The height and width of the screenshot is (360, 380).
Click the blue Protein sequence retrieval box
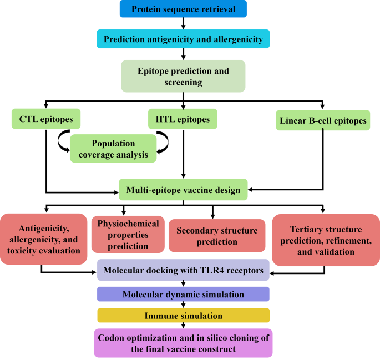pos(183,9)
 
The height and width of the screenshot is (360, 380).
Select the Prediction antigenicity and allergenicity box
pos(183,39)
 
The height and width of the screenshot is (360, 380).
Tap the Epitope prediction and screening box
pos(183,77)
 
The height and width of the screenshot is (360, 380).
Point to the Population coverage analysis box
pos(113,148)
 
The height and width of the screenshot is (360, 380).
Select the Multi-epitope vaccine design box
pos(183,190)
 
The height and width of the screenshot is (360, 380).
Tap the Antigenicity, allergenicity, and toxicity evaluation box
pos(44,240)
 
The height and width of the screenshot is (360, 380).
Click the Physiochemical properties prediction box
pos(128,235)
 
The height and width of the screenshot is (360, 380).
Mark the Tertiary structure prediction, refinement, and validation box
pos(325,240)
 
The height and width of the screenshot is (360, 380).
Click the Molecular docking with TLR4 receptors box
pos(183,270)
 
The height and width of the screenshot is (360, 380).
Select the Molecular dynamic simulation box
pos(183,293)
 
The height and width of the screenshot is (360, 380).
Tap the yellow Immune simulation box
pos(183,316)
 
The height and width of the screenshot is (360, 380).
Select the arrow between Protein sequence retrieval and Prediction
pos(183,24)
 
